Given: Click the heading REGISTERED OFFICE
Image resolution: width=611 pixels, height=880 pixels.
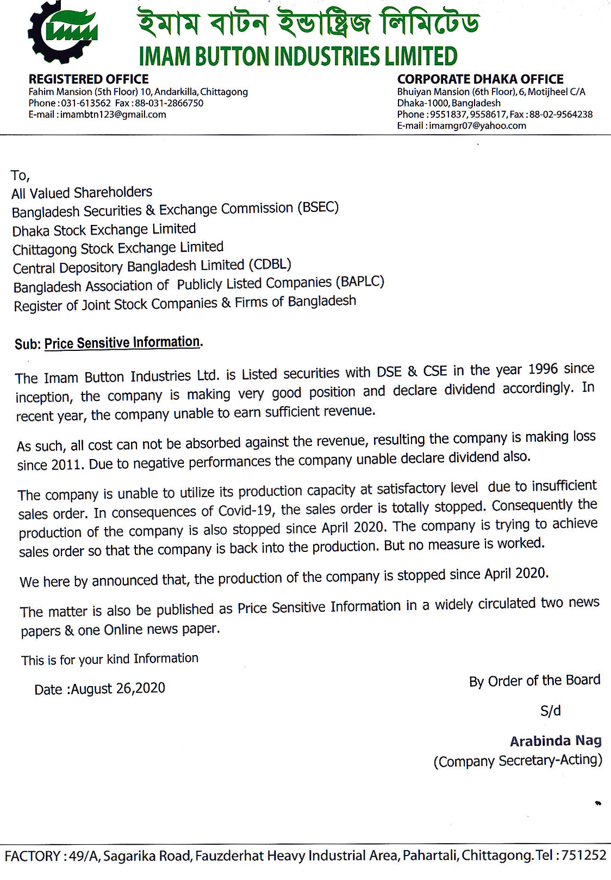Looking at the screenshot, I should (88, 79).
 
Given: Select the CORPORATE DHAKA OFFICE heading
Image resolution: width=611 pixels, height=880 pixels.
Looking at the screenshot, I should (480, 79).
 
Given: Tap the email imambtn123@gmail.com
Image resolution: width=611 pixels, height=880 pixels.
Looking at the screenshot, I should (113, 115).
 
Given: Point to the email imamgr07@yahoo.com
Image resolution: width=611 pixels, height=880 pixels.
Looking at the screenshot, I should (477, 126).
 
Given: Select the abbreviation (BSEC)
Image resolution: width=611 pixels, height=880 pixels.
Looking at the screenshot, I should (318, 208).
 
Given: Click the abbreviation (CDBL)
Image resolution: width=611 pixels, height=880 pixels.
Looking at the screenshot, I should (270, 265).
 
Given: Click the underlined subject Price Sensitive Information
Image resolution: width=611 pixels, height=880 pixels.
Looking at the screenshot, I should (123, 343).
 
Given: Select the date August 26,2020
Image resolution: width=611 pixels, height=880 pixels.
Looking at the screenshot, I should (118, 689).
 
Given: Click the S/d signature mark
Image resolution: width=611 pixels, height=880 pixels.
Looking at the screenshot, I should (550, 711).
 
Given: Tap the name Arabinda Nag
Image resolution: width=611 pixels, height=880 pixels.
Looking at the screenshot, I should (556, 741).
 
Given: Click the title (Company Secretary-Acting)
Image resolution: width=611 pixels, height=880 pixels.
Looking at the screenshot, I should (518, 761).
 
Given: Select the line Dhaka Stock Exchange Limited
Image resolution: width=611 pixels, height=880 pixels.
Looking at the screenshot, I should (104, 230).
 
